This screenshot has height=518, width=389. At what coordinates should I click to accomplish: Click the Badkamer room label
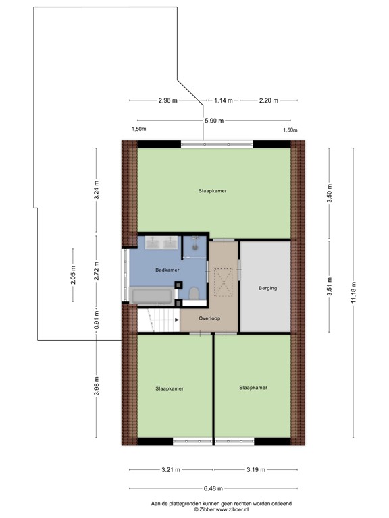(x=167, y=270)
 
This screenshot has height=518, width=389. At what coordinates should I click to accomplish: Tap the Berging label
(x=267, y=288)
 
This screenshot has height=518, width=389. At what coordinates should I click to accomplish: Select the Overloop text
(x=209, y=318)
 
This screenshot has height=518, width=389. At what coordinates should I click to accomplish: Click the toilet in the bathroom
(x=194, y=293)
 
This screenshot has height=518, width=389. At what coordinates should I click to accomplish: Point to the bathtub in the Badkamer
(x=152, y=295)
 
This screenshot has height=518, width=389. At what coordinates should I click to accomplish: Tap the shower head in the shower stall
(x=195, y=246)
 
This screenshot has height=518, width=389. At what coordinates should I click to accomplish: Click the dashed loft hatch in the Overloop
(x=222, y=281)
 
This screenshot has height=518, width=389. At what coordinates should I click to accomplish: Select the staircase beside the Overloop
(x=158, y=320)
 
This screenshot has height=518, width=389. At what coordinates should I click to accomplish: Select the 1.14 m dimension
(x=223, y=100)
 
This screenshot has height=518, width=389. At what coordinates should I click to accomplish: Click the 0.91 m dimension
(x=96, y=316)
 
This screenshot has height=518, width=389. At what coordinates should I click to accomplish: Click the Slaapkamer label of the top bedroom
(x=212, y=191)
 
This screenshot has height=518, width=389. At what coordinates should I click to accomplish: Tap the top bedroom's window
(x=217, y=144)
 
